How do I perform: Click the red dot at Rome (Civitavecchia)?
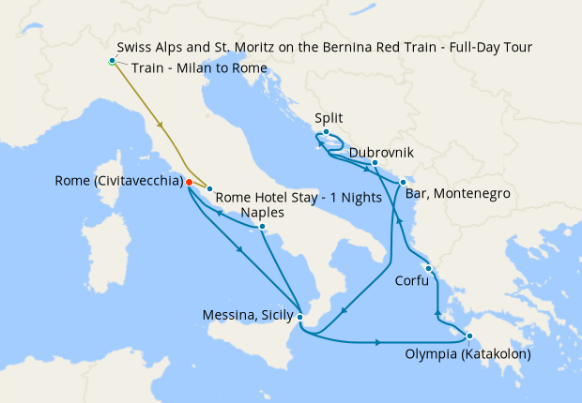coord(189,182)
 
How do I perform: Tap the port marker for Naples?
coord(262,227)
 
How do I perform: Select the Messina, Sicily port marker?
coord(299,317)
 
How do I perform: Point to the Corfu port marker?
coord(427,269)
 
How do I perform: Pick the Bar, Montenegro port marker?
coord(402,182)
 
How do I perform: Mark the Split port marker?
coord(325,131)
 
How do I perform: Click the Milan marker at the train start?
coord(112,61)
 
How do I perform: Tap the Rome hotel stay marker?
coord(209,189)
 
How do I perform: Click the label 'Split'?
coord(329,118)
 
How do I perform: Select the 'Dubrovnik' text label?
coord(381,153)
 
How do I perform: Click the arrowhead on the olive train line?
coord(161,124)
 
